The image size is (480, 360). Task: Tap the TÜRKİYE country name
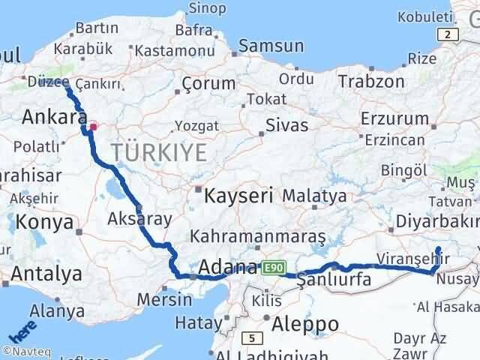point(159,153)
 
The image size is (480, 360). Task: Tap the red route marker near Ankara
point(92,127)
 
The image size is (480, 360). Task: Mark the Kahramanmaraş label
point(257,237)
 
